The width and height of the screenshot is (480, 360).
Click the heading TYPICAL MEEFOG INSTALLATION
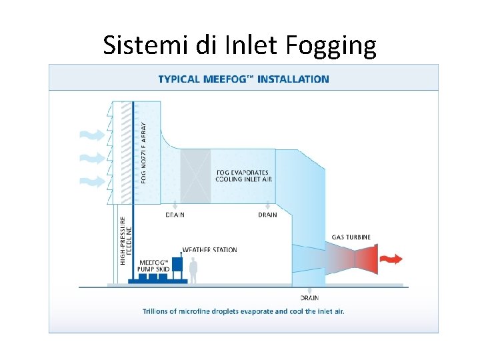coord(243,79)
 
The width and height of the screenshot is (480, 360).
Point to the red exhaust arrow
coord(391,259)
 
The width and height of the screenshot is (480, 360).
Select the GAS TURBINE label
coord(351,237)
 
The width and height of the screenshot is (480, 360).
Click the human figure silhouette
coord(194,270)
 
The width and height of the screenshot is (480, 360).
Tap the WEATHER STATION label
coord(209,250)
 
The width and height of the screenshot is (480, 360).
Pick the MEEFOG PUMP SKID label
coord(153,265)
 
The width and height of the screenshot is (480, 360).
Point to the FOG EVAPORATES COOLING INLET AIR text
coord(243,175)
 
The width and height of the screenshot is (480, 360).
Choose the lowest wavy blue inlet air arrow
coord(91,181)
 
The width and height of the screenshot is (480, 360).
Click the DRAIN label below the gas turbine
coord(309,297)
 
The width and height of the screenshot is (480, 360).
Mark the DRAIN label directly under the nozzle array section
coord(175,215)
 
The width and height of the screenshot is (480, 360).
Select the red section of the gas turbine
coord(365,259)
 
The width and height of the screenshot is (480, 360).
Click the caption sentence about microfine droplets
coord(243,311)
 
